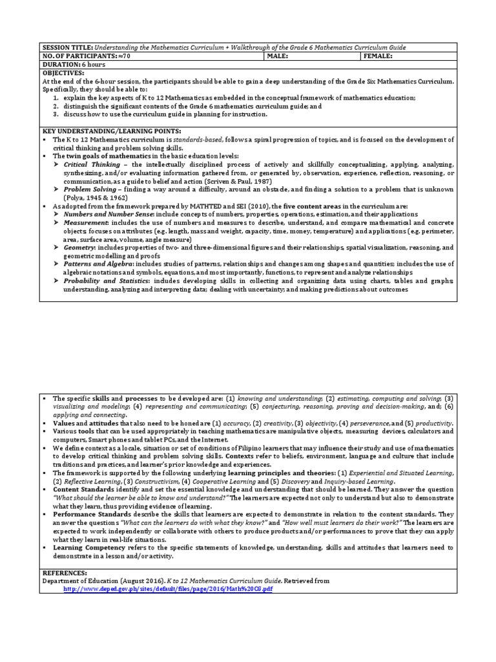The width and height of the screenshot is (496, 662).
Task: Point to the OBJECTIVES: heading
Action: pos(63,73)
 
